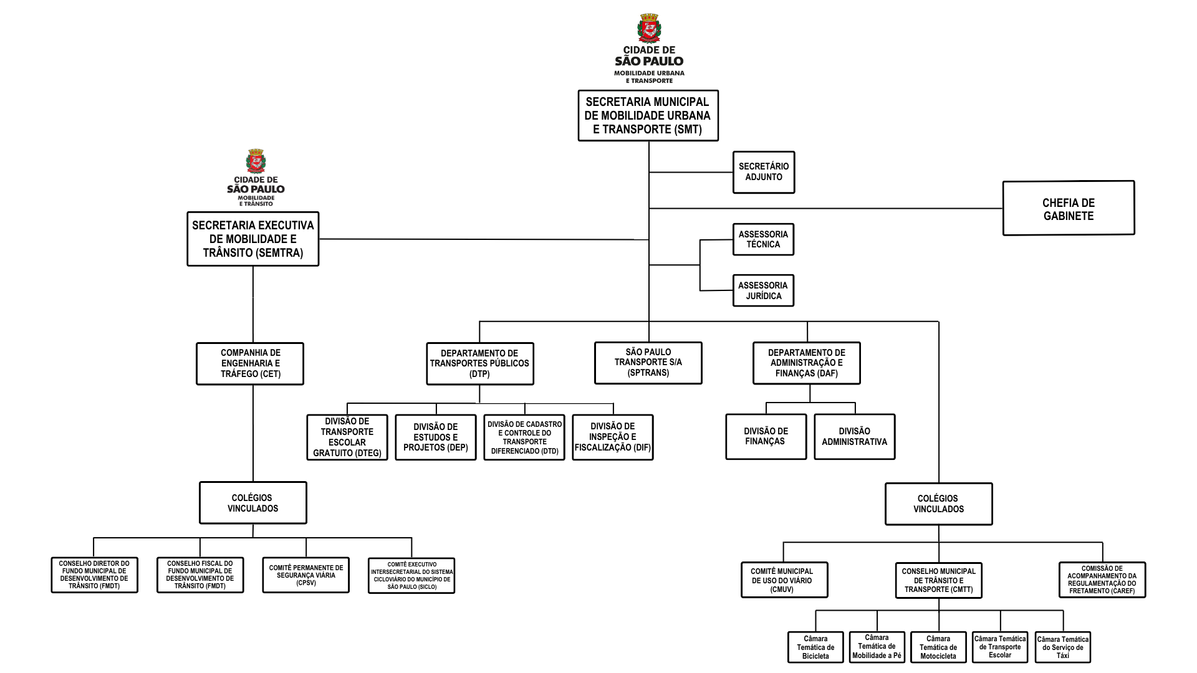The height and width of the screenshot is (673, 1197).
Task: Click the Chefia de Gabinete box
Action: point(1068,209)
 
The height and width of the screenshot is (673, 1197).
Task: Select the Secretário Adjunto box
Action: point(763,172)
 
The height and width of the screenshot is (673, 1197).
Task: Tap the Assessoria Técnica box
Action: point(763,239)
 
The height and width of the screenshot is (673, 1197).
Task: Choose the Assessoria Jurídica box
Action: point(763,290)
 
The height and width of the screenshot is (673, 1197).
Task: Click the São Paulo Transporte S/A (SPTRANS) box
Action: point(648,363)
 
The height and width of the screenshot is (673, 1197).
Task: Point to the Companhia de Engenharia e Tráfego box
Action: point(250,363)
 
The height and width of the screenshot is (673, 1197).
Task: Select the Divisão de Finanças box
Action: point(766,436)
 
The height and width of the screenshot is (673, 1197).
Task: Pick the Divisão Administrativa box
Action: point(854,436)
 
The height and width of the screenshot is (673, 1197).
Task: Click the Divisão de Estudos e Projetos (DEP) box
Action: point(435,437)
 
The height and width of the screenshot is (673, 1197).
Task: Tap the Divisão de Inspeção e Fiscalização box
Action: point(612,437)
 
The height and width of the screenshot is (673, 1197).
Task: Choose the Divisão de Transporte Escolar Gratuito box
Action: point(347,437)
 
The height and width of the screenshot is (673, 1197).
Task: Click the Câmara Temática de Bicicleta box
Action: point(815,647)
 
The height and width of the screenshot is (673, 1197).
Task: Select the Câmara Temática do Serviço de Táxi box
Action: point(1062,647)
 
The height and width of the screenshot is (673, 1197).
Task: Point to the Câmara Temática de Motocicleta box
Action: point(938,647)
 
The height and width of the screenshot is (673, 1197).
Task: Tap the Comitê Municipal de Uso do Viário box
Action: point(782,580)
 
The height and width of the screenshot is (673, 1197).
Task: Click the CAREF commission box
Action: point(1102,580)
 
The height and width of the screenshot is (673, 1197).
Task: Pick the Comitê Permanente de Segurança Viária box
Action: point(305,575)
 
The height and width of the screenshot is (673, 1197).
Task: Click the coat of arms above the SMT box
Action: point(649,28)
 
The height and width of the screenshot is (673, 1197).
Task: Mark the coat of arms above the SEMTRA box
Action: point(256,161)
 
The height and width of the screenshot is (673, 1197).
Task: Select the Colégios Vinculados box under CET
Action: point(252,503)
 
